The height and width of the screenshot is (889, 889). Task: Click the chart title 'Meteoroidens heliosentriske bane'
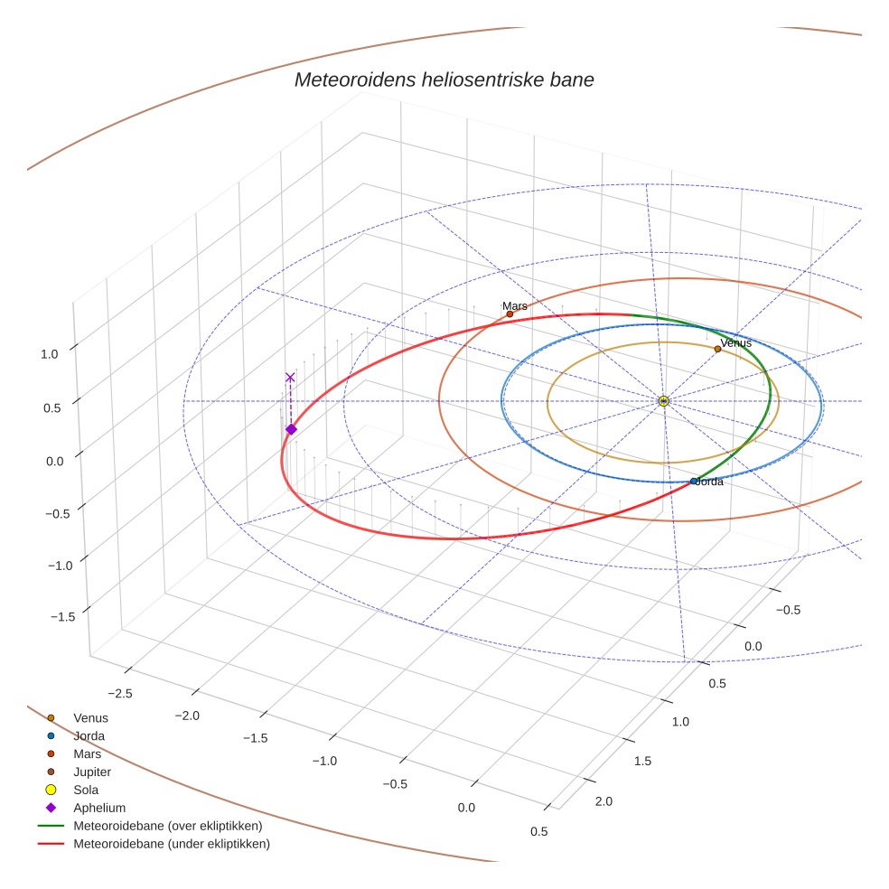coord(444,80)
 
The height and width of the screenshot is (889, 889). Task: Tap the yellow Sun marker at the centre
coord(663,400)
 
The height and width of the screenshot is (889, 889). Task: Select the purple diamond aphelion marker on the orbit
coord(291,429)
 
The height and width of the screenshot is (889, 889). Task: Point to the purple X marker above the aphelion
coord(290,377)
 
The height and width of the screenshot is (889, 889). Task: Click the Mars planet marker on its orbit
coord(510,314)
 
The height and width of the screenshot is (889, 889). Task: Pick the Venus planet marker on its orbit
coord(717,349)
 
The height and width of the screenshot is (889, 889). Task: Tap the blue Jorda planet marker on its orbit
coord(694,482)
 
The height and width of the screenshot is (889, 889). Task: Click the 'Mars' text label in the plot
coord(515,306)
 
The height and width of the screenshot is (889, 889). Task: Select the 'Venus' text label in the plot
coord(736,342)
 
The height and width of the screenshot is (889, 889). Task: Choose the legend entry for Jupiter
coord(92,772)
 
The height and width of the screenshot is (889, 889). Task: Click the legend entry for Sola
coord(87,790)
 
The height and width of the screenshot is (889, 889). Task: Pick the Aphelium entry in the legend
coord(98,808)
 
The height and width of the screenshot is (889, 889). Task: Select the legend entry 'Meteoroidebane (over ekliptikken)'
coord(167,826)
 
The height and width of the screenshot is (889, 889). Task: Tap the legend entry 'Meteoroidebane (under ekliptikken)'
coord(172,844)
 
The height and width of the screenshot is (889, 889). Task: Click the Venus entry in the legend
coord(90,717)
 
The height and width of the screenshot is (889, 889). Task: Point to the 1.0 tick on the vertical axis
coord(49,354)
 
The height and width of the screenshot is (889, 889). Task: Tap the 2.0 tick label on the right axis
coord(603,801)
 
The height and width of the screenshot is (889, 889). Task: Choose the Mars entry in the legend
coord(87,753)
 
